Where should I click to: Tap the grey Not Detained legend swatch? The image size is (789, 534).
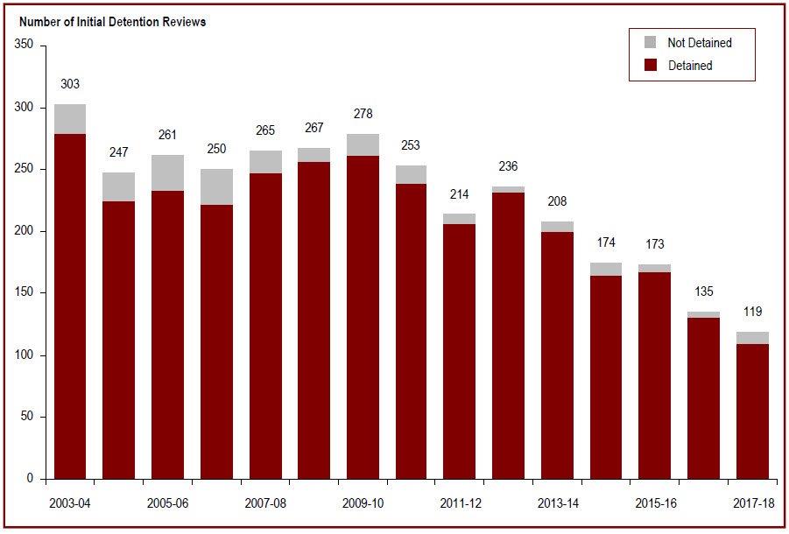click(x=650, y=42)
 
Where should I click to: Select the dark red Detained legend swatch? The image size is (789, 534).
click(x=650, y=65)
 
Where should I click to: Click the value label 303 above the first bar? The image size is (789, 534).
click(x=70, y=84)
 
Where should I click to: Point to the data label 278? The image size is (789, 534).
click(x=363, y=114)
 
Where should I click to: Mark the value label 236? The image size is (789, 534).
click(x=510, y=166)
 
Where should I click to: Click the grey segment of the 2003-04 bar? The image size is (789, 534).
click(x=70, y=119)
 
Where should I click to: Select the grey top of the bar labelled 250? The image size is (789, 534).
click(x=216, y=186)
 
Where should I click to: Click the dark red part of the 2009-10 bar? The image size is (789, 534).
click(x=363, y=350)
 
